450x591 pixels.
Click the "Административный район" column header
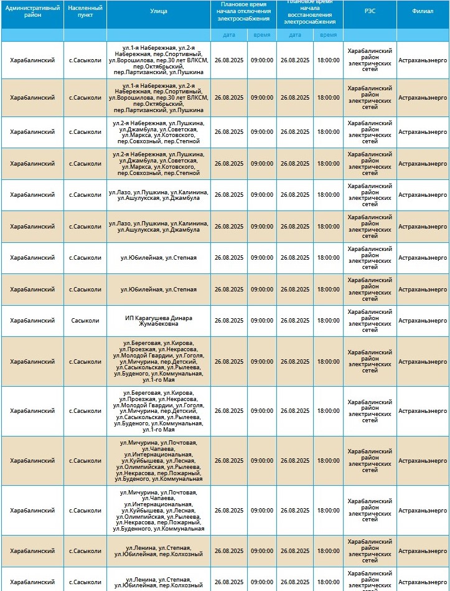(x=32, y=11)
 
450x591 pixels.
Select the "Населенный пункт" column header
(x=85, y=11)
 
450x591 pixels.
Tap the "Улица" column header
(x=159, y=11)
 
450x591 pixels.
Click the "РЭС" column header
(x=370, y=11)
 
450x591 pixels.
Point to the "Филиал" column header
(x=423, y=11)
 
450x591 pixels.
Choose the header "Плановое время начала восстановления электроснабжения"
(x=309, y=11)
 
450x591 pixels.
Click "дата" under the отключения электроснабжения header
(x=229, y=35)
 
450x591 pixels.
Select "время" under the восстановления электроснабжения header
(x=328, y=35)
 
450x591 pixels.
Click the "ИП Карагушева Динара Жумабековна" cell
(x=159, y=321)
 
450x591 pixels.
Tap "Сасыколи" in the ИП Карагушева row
(x=85, y=321)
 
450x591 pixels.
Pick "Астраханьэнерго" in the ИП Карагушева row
(x=423, y=321)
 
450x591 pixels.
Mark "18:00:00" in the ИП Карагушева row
(x=328, y=321)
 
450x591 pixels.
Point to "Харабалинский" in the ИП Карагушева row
(x=32, y=321)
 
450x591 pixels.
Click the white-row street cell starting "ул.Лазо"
(x=159, y=195)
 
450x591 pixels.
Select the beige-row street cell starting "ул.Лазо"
(x=159, y=227)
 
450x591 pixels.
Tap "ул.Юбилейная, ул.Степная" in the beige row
(x=159, y=290)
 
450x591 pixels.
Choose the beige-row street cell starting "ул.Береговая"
(x=159, y=361)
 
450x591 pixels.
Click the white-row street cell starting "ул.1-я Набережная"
(x=159, y=60)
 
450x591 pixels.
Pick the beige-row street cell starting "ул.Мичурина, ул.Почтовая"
(x=159, y=461)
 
